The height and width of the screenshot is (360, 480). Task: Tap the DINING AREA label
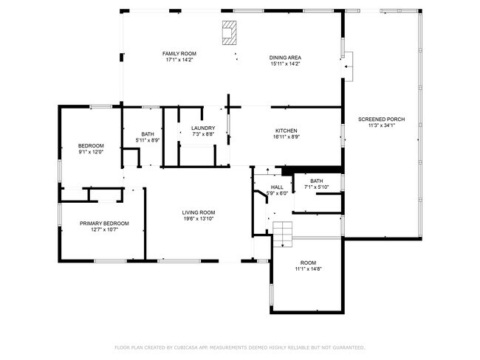[285, 58]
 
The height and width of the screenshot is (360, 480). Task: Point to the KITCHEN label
[286, 130]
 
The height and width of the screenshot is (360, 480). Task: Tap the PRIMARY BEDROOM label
[104, 224]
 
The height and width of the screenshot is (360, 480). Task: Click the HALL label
[277, 187]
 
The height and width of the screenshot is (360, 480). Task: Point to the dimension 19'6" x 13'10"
[199, 219]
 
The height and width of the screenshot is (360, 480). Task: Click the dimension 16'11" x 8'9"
[286, 136]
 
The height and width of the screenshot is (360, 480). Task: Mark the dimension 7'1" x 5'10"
[316, 187]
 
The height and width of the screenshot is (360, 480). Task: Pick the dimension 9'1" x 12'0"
[91, 152]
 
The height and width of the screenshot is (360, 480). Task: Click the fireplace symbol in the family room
[230, 32]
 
